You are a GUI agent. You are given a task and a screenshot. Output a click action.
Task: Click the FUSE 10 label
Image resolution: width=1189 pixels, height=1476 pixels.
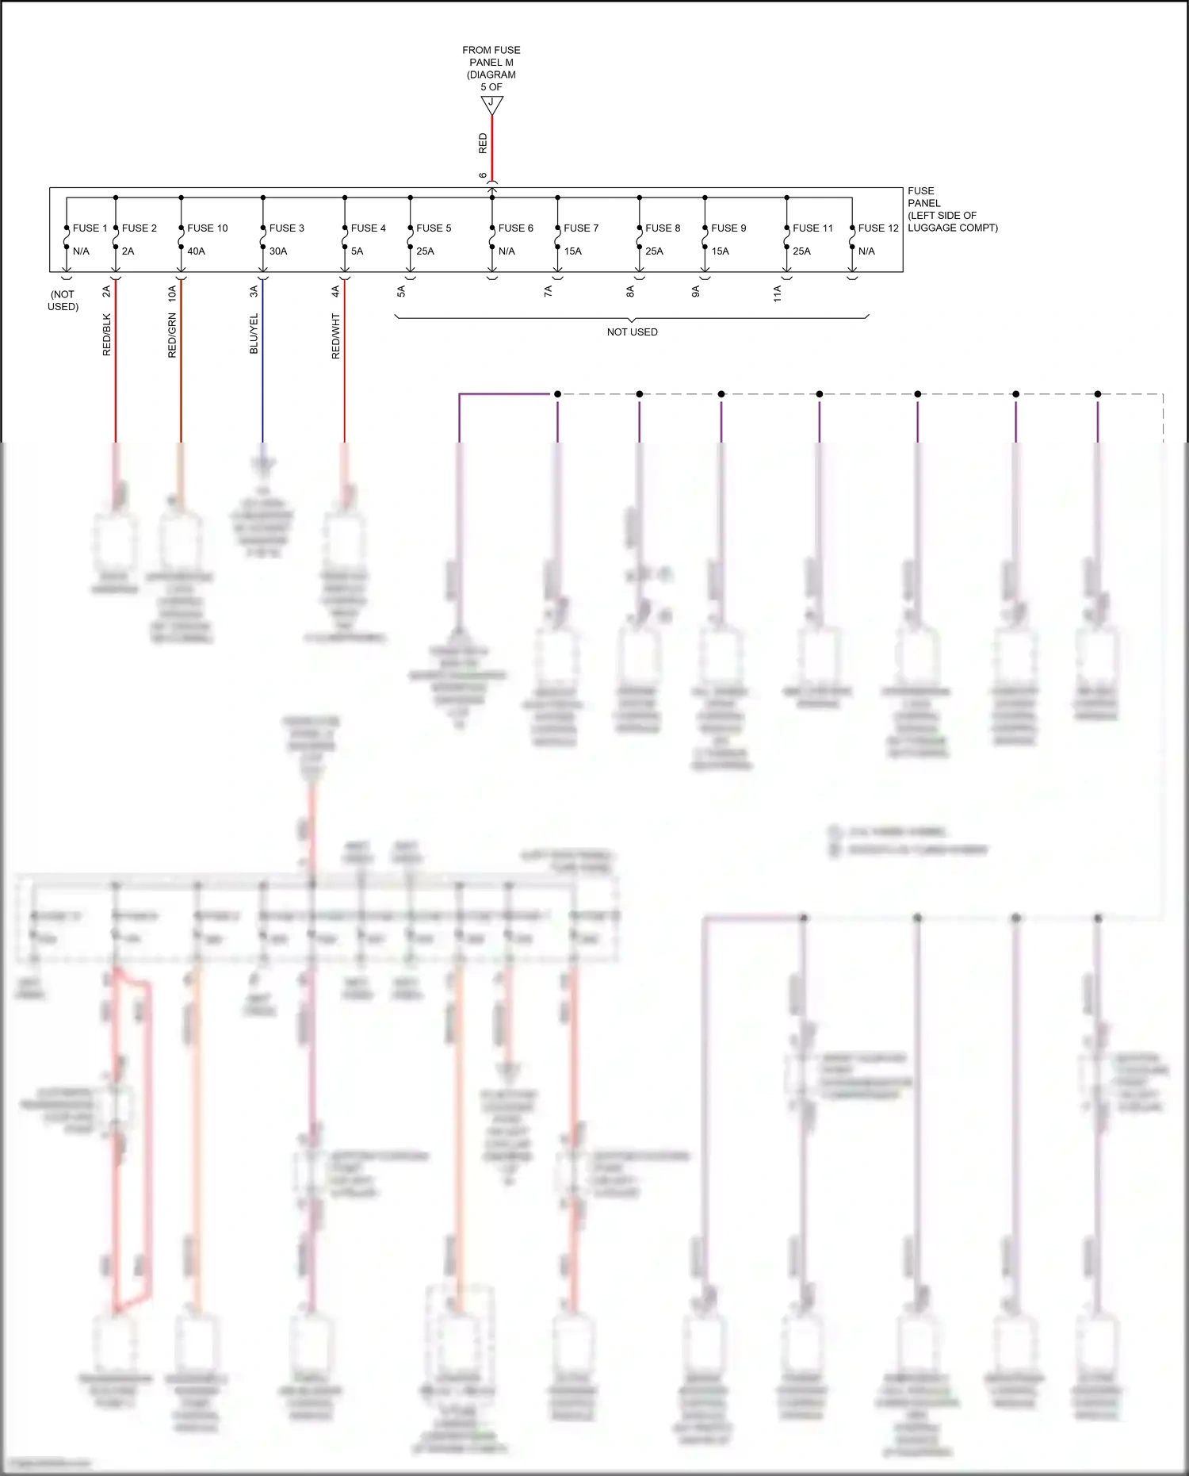point(207,228)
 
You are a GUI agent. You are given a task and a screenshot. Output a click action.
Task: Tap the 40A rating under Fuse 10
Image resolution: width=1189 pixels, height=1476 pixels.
point(196,251)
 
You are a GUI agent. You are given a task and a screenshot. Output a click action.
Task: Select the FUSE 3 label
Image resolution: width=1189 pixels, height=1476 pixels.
point(286,228)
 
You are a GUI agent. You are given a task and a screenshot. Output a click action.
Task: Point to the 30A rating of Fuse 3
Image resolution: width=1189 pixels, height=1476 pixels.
point(278,251)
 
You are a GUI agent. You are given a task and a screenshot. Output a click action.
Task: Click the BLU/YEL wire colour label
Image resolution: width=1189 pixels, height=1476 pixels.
point(254,334)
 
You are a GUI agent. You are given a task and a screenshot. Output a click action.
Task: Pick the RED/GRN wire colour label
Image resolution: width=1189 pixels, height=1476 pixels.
point(172,335)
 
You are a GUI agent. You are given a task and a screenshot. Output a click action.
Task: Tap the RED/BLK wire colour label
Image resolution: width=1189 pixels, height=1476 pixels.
point(107,335)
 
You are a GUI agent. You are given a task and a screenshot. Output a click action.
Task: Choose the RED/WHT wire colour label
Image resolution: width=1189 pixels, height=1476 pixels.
point(335,336)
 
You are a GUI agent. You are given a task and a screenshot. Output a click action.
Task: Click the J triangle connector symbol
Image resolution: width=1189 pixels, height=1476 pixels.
point(491,104)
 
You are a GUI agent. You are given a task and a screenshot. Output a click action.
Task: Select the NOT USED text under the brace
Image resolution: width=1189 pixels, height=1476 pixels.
point(632,332)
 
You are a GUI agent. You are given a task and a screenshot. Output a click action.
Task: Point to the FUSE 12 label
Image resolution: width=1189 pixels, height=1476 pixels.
point(878,228)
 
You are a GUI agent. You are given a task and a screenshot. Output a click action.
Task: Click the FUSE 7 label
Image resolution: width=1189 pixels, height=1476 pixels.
point(581,228)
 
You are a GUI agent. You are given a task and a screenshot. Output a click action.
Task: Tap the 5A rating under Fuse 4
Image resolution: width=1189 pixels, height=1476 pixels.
point(357,251)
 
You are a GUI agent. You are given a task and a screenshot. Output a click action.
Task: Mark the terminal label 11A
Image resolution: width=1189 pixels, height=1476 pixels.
point(777,293)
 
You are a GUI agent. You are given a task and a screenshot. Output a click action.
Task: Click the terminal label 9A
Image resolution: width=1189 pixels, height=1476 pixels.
point(695,292)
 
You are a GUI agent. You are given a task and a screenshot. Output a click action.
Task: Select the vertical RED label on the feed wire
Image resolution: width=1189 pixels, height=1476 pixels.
point(483,144)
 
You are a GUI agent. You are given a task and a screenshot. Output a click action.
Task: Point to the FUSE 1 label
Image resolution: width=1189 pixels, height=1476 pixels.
point(90,228)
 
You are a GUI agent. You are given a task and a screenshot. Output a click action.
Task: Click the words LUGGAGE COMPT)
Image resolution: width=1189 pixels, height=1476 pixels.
point(952,228)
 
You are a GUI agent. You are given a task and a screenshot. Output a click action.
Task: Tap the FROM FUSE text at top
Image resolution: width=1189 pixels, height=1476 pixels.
point(491,50)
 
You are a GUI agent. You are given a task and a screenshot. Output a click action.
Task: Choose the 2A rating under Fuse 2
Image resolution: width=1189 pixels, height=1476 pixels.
point(128,251)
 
